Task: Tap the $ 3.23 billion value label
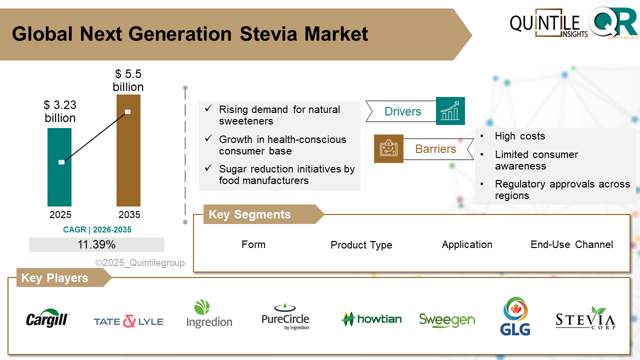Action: coord(60,111)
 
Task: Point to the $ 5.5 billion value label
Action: coord(128,80)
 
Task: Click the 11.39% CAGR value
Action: coord(96,244)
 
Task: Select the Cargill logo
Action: coord(48,318)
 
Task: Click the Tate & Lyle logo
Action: coord(128,321)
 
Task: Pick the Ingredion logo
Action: coord(209,314)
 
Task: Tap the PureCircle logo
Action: coord(286,317)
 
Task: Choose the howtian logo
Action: coord(371,319)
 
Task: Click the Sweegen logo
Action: coord(447,320)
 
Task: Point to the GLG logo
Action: coord(514,316)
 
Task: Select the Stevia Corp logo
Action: coord(585,318)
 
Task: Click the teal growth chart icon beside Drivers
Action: coord(450,111)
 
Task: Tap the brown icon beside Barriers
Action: coord(388,148)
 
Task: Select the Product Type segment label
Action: coord(361,245)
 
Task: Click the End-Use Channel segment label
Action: coord(571,244)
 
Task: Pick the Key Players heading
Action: coord(54,278)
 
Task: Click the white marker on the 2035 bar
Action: coord(127,111)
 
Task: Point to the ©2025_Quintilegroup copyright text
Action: coord(140,263)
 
